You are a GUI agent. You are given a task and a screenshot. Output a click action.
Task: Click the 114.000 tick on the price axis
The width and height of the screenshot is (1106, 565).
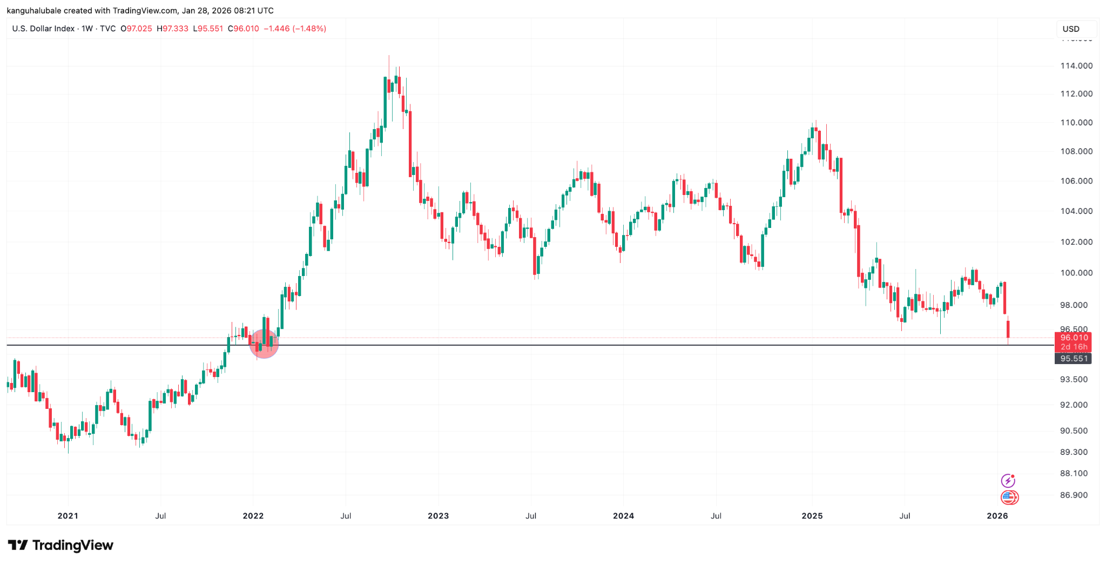click(x=1076, y=66)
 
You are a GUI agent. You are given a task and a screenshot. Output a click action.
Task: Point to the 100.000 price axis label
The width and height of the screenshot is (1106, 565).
click(x=1076, y=273)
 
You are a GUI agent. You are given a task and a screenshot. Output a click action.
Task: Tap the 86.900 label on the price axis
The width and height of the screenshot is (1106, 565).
click(x=1074, y=495)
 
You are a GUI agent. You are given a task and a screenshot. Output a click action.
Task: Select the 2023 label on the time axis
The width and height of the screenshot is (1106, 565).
click(x=438, y=516)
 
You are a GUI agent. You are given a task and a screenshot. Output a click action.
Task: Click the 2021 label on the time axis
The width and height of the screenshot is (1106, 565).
click(x=68, y=516)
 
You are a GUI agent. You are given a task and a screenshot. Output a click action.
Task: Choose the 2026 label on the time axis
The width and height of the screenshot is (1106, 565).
click(x=997, y=516)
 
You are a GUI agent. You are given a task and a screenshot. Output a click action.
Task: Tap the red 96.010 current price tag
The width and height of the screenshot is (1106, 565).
click(x=1073, y=338)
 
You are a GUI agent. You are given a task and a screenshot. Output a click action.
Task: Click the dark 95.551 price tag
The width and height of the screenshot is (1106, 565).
click(x=1073, y=359)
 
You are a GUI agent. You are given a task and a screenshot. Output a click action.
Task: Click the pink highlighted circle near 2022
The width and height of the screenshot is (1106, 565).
click(x=264, y=344)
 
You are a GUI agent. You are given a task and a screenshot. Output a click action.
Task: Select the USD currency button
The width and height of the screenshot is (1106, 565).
click(x=1071, y=29)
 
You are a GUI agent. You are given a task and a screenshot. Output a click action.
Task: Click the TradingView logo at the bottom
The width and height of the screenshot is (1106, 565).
click(x=60, y=546)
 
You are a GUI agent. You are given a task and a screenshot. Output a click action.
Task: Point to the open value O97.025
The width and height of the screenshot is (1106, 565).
click(x=136, y=29)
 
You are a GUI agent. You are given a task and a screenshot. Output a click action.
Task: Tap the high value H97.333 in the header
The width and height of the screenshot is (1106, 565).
click(x=172, y=29)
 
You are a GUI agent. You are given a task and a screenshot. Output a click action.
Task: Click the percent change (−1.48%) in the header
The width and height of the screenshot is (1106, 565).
click(x=309, y=29)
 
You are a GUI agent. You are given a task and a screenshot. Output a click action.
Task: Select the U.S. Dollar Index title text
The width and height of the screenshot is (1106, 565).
click(x=43, y=29)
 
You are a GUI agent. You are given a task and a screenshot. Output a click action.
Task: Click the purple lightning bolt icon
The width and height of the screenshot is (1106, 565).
click(x=1008, y=481)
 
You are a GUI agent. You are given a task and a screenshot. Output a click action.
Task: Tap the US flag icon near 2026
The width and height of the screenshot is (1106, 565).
click(x=1009, y=497)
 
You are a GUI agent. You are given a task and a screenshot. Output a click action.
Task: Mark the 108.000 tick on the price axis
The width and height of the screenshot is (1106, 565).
click(x=1076, y=151)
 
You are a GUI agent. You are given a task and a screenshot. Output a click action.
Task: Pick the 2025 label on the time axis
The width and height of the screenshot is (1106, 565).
click(x=812, y=516)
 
